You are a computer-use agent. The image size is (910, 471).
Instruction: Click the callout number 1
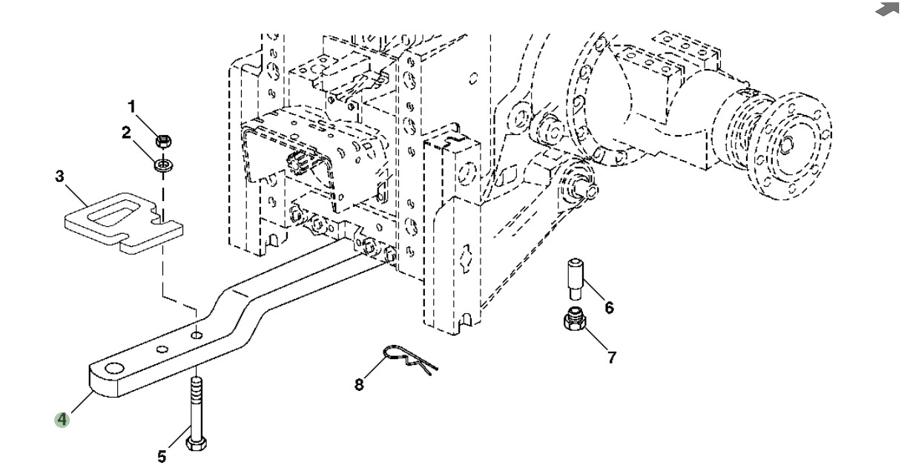coord(132,108)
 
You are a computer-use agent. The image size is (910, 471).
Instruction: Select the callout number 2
coord(126,134)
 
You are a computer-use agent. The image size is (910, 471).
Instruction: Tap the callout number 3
coord(60,177)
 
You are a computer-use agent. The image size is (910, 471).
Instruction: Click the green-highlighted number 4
coord(62,420)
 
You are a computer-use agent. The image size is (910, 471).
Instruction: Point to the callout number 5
coord(162,456)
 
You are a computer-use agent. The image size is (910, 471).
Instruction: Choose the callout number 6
coord(609,307)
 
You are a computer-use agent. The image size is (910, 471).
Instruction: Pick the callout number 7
coord(611,358)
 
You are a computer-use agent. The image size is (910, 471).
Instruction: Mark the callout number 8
coord(359,385)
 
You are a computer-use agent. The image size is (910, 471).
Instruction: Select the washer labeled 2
coord(162,163)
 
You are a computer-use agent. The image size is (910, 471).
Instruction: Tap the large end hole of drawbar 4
coord(114,369)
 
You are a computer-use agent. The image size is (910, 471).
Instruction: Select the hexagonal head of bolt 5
coord(197,444)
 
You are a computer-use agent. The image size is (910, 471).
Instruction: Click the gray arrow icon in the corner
coord(886,9)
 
